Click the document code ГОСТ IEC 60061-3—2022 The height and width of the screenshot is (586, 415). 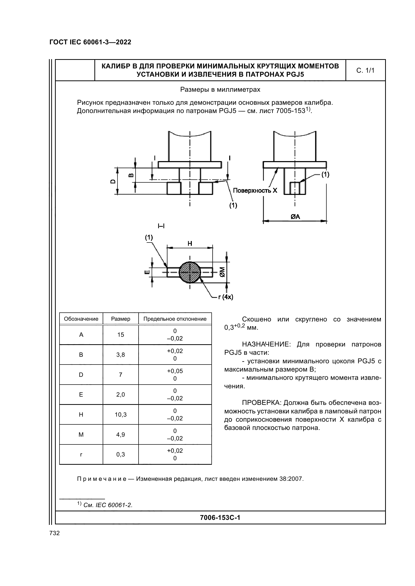(90, 42)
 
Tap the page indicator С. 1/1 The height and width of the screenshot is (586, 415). (365, 70)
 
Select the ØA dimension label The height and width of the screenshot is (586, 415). (295, 217)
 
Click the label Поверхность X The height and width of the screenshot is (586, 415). (255, 190)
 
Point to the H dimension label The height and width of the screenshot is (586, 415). (190, 244)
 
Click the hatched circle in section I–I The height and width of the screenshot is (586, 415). (190, 272)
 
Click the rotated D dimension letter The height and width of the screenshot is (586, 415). (113, 181)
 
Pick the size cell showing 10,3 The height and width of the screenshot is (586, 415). (121, 415)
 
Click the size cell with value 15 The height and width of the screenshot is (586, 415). (121, 335)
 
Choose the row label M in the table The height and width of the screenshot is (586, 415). (81, 435)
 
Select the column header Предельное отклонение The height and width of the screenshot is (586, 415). (175, 319)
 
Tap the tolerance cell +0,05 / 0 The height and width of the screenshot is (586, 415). (175, 375)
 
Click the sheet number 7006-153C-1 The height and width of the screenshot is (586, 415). (220, 518)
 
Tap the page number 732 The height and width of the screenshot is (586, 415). (54, 533)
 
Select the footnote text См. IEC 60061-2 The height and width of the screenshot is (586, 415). (108, 505)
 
